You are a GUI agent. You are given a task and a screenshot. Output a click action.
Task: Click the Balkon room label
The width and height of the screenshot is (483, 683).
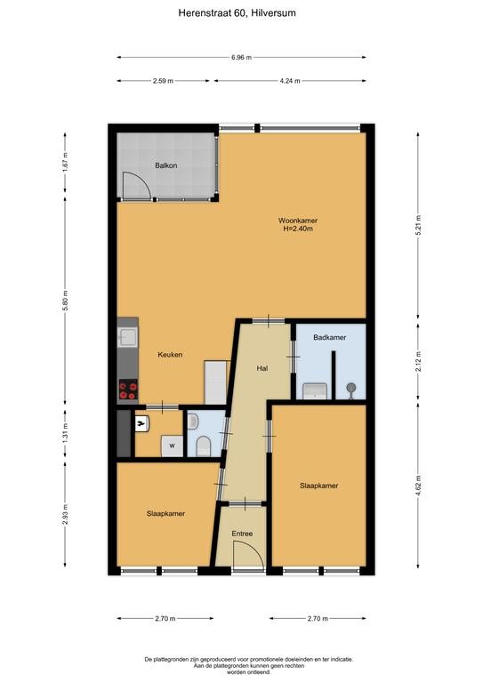coord(165,165)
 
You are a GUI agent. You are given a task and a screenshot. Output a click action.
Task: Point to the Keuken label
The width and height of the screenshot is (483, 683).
coord(170,355)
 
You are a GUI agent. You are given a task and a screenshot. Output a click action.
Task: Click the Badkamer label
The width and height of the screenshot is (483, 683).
coord(329,338)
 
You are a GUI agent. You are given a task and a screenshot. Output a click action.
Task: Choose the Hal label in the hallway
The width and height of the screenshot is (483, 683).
coord(262,368)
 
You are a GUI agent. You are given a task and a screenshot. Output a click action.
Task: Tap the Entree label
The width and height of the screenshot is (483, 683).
coord(242,534)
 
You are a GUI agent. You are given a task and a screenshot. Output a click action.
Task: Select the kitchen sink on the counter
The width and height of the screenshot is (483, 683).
coord(128,336)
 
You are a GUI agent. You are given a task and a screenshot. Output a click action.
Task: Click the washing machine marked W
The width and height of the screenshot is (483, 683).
coord(171,445)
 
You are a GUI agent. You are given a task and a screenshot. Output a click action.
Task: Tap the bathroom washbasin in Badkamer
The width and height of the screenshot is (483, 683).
coord(314,390)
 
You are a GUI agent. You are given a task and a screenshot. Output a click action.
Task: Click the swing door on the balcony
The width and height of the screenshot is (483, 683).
coord(135,185)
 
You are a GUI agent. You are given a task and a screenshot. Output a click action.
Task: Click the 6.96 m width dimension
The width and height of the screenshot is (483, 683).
coord(241,57)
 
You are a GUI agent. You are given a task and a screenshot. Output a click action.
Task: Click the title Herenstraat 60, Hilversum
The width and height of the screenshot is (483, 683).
coord(241,13)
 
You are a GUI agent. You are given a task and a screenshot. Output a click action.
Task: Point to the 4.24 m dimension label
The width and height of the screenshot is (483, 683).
coord(289,81)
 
